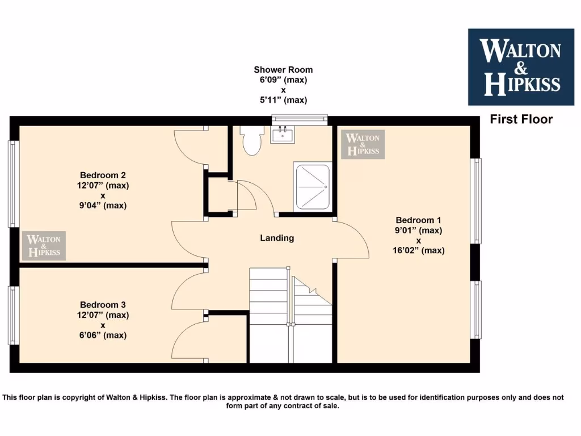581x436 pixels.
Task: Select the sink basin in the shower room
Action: [282, 135]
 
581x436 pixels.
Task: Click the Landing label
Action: [277, 238]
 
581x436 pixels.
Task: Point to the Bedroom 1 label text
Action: [418, 220]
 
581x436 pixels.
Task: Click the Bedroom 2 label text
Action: [103, 175]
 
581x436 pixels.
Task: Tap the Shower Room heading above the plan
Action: [283, 70]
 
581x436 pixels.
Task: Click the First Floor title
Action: [521, 119]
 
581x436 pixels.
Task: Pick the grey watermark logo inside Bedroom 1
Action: [363, 144]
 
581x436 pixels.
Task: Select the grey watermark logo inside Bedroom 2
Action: [44, 246]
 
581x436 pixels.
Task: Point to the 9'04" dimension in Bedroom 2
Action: [103, 206]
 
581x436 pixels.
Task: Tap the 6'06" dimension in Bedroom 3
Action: [103, 335]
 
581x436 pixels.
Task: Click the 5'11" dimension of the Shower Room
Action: [283, 100]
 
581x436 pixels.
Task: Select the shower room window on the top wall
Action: [300, 119]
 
